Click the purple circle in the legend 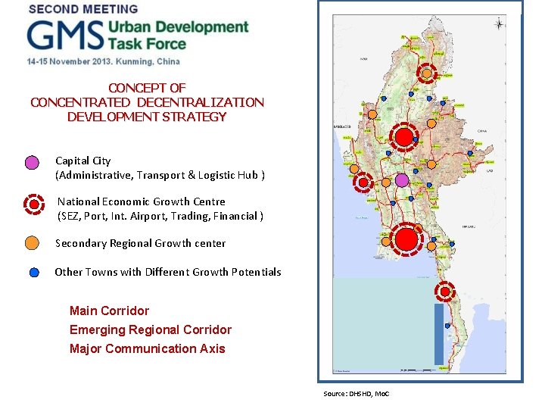point(32,162)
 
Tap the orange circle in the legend point(32,242)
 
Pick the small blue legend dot point(35,273)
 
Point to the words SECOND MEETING point(83,9)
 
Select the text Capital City point(83,161)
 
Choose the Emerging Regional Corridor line point(151,329)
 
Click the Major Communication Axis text point(147,348)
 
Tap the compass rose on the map point(499,24)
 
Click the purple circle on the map point(402,180)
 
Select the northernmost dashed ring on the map point(427,73)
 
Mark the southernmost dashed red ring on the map point(446,291)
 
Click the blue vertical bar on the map point(439,333)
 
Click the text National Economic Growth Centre point(142,202)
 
